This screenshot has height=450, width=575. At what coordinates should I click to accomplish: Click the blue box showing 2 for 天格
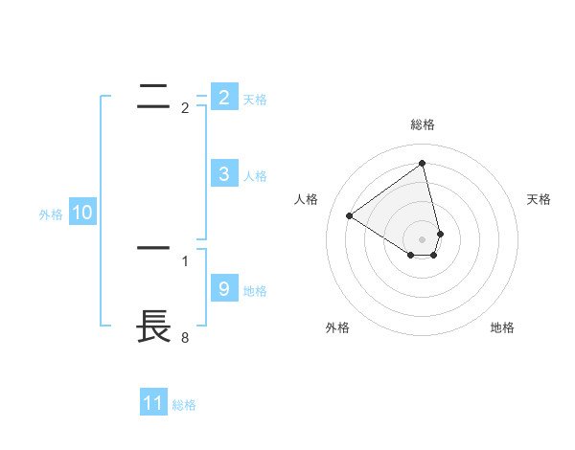(x=223, y=98)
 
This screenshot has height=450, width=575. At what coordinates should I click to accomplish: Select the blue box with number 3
(x=223, y=174)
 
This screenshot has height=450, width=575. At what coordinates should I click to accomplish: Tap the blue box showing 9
(x=223, y=289)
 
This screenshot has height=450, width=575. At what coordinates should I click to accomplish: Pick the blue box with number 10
(x=82, y=213)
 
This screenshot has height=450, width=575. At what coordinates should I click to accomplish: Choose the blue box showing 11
(x=153, y=403)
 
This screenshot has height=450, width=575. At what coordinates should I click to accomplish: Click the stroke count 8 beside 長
(x=185, y=337)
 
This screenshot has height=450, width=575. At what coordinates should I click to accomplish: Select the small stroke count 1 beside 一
(x=185, y=260)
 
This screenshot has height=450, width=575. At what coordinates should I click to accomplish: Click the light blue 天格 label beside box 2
(x=255, y=100)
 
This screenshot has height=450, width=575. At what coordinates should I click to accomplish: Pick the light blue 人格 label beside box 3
(x=255, y=176)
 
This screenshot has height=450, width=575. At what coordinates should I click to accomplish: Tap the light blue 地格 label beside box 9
(x=255, y=291)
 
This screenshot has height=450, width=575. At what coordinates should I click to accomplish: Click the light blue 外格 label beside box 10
(x=51, y=214)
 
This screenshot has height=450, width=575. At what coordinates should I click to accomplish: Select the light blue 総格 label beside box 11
(x=184, y=405)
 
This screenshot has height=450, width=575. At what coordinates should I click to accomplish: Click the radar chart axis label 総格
(x=423, y=124)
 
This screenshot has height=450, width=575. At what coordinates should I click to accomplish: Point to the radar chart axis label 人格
(x=307, y=199)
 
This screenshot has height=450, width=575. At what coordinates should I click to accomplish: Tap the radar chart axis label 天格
(x=540, y=199)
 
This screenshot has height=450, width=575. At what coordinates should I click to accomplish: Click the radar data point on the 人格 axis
(x=349, y=215)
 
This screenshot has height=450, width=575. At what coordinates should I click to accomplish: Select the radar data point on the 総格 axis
(x=423, y=162)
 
